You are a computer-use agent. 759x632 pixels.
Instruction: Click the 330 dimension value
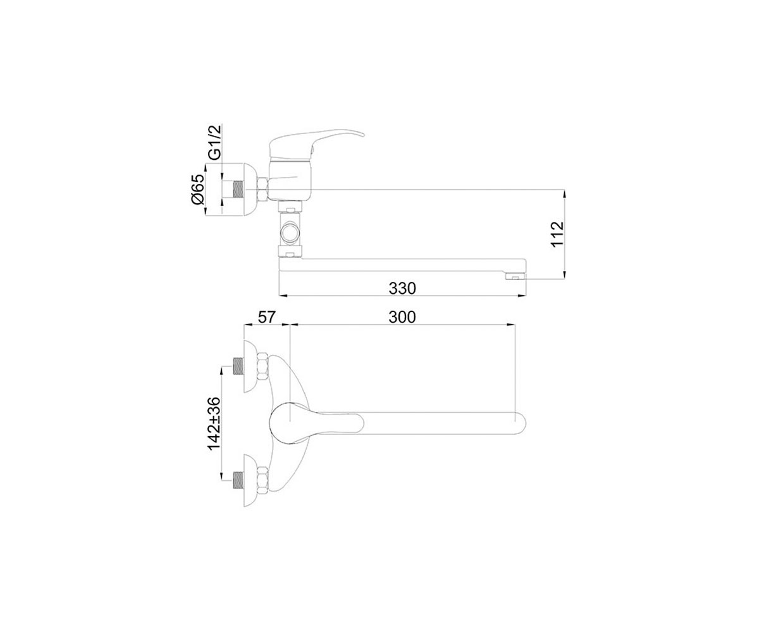[402, 288]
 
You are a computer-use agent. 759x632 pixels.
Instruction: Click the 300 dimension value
[402, 317]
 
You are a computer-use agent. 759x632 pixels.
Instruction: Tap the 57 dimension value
[267, 317]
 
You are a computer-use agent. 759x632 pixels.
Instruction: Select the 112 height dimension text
[557, 234]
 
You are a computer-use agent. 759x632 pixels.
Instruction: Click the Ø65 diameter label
[199, 189]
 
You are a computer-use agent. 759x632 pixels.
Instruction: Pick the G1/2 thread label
[214, 142]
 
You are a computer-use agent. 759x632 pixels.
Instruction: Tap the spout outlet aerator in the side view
[515, 277]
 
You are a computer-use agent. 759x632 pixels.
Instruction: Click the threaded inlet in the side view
[238, 189]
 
